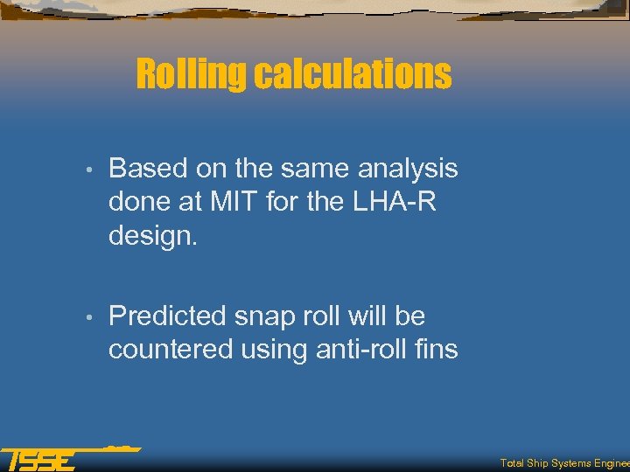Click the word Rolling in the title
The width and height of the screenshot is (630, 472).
point(192,75)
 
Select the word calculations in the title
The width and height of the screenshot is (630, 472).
point(353,75)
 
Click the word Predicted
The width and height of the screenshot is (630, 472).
point(167,316)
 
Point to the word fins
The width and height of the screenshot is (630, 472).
point(437,350)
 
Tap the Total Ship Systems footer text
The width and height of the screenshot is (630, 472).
point(564,463)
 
